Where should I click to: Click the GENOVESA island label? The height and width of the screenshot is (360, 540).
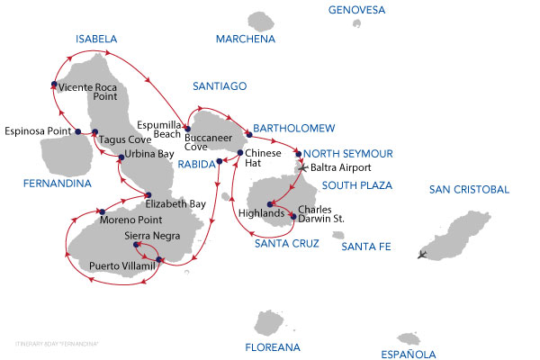pos(356,11)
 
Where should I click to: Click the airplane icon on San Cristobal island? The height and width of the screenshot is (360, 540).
pos(423,255)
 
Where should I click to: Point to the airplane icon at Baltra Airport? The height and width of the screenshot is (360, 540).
pos(302,167)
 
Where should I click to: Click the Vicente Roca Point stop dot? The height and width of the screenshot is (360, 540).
pos(54,86)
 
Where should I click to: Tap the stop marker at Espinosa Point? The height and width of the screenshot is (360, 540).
pos(70,132)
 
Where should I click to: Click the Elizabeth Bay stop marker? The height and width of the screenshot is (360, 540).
pos(148,195)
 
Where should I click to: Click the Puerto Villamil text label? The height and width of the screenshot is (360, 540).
pos(122,266)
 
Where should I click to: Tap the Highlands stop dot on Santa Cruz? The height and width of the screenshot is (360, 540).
pos(270,203)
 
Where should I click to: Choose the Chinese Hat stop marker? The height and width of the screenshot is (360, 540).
pos(239,153)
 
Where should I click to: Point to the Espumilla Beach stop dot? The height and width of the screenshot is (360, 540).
pos(188,129)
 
